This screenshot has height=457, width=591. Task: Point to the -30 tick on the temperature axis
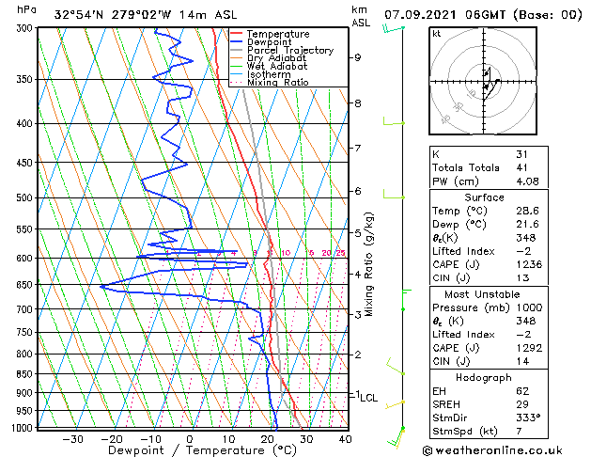pos(72,438)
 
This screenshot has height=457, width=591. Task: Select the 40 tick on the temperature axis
pos(345,438)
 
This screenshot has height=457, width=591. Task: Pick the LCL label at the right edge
pos(368,398)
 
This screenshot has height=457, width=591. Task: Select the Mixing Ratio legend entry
pos(278,83)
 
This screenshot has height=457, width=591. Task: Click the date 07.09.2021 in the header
pos(420,14)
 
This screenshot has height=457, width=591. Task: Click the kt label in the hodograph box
pos(436,33)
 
